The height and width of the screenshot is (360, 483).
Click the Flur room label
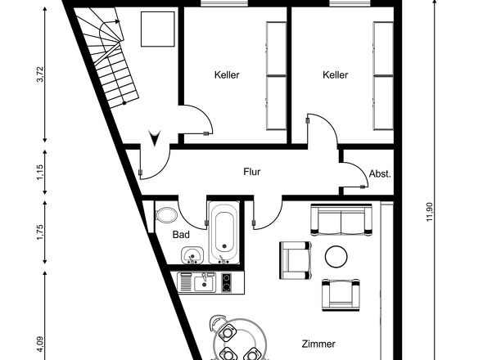click(x=251, y=173)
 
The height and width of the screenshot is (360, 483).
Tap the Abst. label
click(x=380, y=173)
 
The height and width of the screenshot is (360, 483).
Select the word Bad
click(x=181, y=235)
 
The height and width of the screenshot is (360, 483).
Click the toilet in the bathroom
click(x=166, y=215)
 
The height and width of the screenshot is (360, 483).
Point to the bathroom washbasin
click(x=192, y=257)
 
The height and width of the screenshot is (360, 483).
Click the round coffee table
click(x=337, y=258)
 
